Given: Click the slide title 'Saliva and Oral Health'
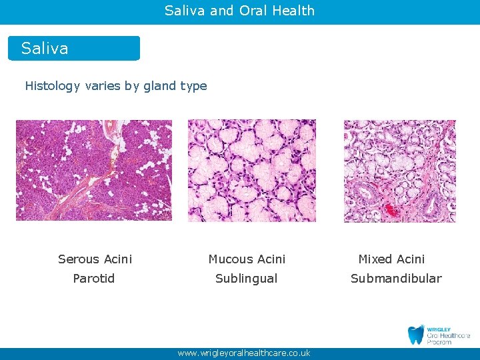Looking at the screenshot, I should tap(239, 11).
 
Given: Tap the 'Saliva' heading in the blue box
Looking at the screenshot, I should tap(45, 49).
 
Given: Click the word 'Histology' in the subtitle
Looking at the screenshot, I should tap(53, 86).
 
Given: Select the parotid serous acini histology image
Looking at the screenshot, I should tap(94, 170).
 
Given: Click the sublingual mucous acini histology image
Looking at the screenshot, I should tap(252, 170).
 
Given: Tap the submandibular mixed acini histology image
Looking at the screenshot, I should tap(399, 171).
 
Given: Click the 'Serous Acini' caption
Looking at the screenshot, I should tap(95, 259).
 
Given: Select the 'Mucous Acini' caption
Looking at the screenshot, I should tap(247, 259).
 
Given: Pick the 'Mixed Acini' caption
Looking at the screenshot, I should tap(391, 259).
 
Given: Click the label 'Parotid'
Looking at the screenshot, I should tap(94, 279).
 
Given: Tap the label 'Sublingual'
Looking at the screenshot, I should tap(246, 279).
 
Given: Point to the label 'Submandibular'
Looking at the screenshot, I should tap(396, 279).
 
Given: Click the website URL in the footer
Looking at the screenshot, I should tap(244, 353).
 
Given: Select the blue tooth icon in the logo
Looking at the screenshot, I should tap(416, 335).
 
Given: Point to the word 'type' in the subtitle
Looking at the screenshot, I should tap(193, 86).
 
